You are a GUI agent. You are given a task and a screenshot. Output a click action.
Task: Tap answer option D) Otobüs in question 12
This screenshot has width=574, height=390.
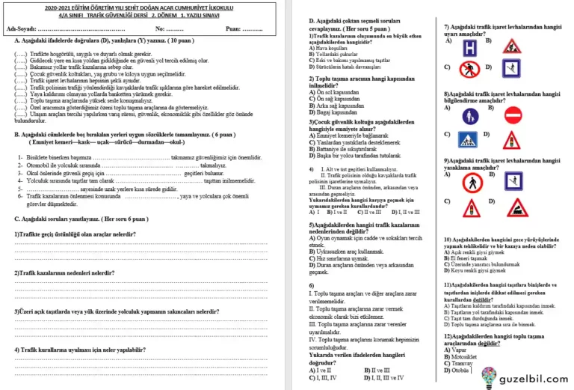pyautogui.click(x=458, y=370)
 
